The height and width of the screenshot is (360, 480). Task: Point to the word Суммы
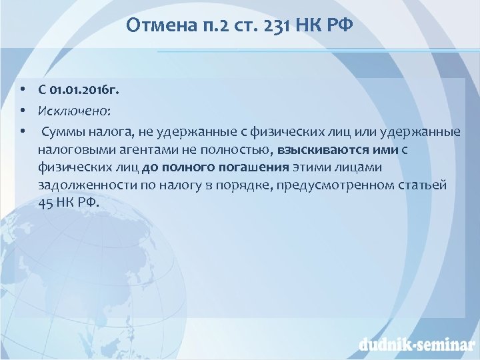(65, 131)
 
